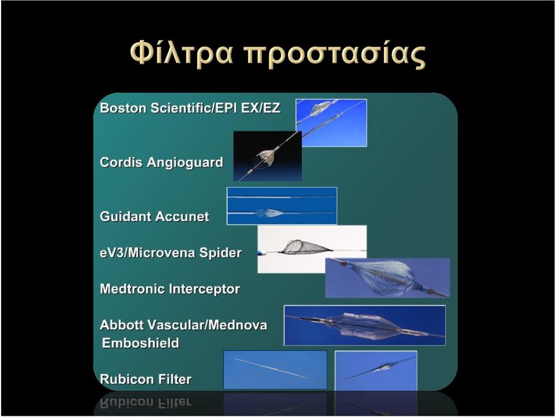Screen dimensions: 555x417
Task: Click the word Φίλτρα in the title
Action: [x=182, y=53]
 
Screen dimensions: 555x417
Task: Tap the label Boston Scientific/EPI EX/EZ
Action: [x=190, y=108]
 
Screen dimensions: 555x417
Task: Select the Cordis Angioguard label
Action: [x=161, y=162]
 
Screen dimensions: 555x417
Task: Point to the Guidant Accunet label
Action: [x=154, y=216]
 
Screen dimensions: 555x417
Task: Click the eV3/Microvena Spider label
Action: [x=171, y=253]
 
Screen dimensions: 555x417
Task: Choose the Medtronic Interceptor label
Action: [x=170, y=288]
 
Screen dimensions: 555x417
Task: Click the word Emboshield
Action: [x=140, y=343]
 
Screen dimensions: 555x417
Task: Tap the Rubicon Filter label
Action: [x=146, y=379]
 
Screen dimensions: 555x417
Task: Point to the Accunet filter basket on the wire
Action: [x=269, y=213]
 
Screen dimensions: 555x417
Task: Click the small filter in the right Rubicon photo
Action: [x=382, y=368]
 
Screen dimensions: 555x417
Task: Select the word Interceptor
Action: [x=205, y=288]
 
